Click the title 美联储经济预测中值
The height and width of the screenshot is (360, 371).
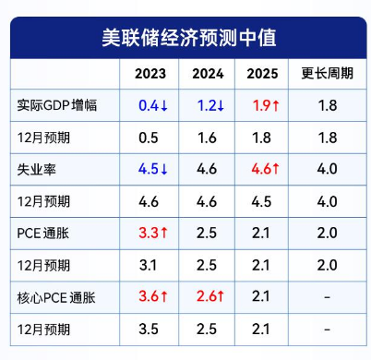(x=185, y=37)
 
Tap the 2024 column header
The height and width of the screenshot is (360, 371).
(x=208, y=73)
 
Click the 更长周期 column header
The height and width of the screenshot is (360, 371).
(x=326, y=73)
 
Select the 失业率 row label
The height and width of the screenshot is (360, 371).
(x=37, y=171)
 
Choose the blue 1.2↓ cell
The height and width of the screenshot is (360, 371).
(x=208, y=106)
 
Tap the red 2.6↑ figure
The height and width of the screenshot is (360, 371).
(x=208, y=297)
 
